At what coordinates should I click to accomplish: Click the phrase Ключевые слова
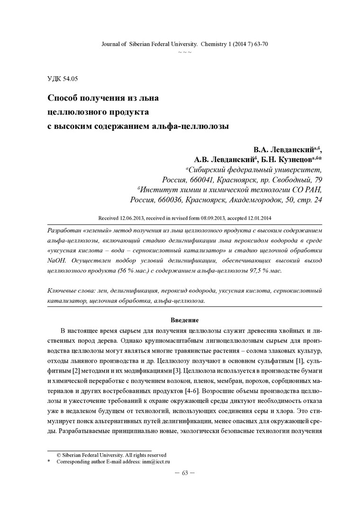tap(70, 290)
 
